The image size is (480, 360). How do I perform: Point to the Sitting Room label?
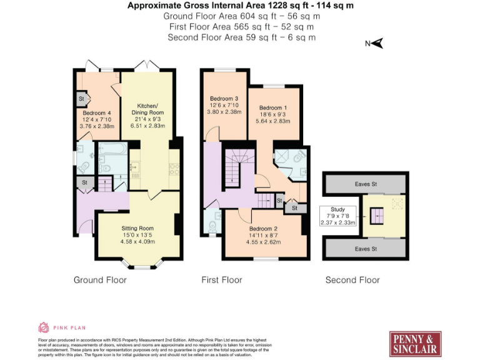pyautogui.click(x=137, y=235)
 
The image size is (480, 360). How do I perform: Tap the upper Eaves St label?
pyautogui.click(x=366, y=184)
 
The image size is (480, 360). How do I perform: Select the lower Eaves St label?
pyautogui.click(x=366, y=249)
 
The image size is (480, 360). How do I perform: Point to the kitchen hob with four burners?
pyautogui.click(x=174, y=167)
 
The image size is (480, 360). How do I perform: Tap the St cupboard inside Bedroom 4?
pyautogui.click(x=82, y=99)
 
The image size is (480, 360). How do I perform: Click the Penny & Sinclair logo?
pyautogui.click(x=416, y=343)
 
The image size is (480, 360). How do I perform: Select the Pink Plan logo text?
pyautogui.click(x=69, y=327)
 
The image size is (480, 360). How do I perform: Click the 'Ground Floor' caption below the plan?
pyautogui.click(x=100, y=279)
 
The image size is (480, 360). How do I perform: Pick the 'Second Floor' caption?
pyautogui.click(x=352, y=279)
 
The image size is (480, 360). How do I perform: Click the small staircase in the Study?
pyautogui.click(x=376, y=216)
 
